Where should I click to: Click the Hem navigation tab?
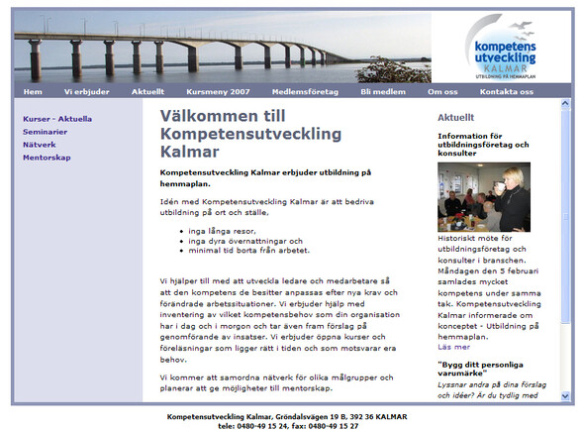click(x=33, y=91)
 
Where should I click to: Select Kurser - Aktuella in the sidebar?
click(x=57, y=119)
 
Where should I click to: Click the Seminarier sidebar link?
click(x=46, y=132)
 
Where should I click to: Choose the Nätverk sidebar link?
click(x=40, y=145)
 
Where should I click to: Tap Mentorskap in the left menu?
click(x=47, y=158)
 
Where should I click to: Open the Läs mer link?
click(x=454, y=347)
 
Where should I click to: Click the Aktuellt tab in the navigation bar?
click(x=147, y=91)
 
